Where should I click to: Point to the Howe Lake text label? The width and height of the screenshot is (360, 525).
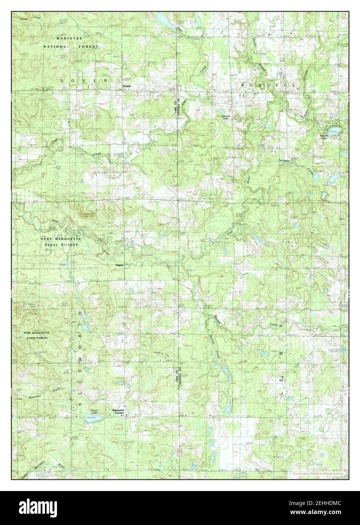[93, 412]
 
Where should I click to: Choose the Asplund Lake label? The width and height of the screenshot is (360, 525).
[225, 117]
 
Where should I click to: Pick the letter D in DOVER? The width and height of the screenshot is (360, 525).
[62, 81]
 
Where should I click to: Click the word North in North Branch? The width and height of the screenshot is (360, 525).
[255, 53]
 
